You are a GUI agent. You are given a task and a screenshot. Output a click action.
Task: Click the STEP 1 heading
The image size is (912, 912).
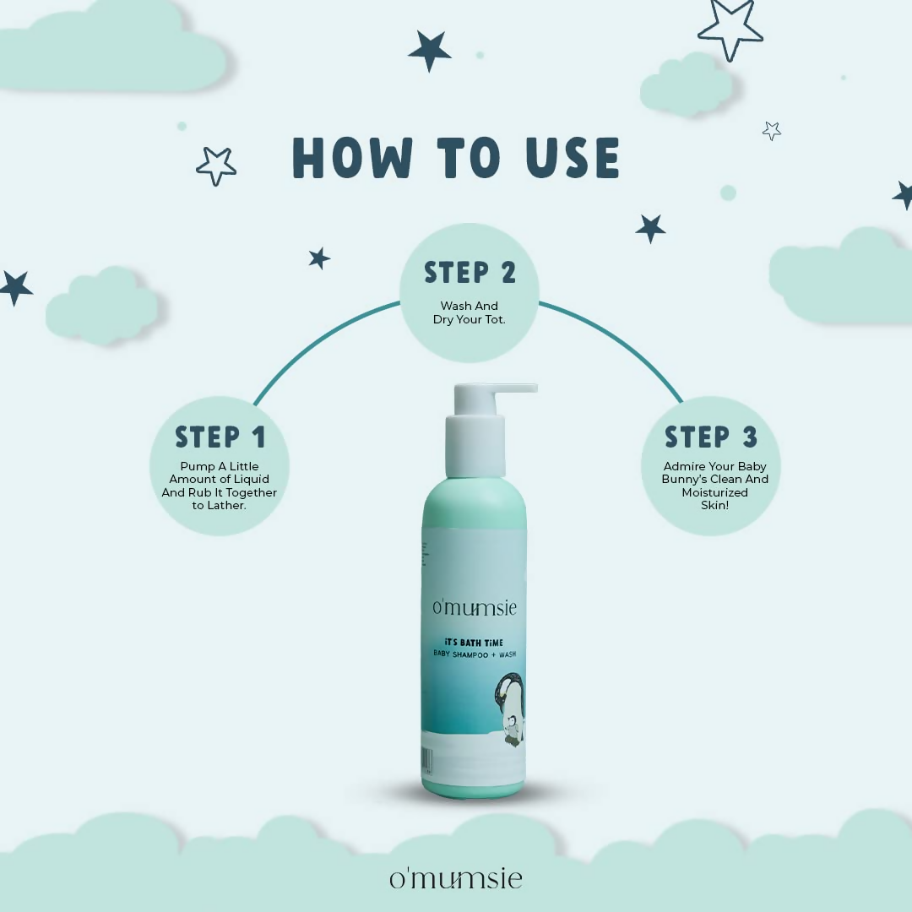point(220,437)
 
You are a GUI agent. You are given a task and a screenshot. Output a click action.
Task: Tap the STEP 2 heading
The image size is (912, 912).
point(470,273)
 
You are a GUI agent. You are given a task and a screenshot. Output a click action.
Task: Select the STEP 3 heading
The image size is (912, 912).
point(711,437)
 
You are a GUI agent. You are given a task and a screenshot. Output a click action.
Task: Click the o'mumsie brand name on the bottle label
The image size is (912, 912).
point(474,608)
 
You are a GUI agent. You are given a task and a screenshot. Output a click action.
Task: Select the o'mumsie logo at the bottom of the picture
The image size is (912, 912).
point(455,878)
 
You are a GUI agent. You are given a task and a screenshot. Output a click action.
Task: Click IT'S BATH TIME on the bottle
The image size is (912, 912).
point(473,643)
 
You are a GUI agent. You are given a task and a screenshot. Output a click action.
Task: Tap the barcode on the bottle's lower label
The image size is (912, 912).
point(427,760)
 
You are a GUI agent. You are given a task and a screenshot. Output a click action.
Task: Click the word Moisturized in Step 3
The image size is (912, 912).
point(714,491)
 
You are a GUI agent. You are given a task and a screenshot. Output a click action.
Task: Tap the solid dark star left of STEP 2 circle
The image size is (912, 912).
point(318,258)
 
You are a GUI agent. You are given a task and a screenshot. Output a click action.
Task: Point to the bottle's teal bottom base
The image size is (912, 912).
point(473,790)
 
